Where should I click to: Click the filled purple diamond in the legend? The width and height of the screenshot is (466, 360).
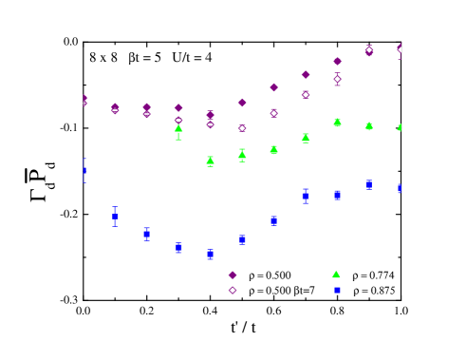pyautogui.click(x=233, y=275)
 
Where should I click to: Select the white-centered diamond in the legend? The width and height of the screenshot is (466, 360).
pyautogui.click(x=233, y=291)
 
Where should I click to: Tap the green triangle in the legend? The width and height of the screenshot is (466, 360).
pyautogui.click(x=336, y=275)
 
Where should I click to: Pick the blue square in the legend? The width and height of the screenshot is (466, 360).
pyautogui.click(x=337, y=291)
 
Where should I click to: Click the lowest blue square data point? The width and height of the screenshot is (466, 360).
pyautogui.click(x=210, y=254)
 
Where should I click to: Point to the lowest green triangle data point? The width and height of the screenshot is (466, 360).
pyautogui.click(x=210, y=161)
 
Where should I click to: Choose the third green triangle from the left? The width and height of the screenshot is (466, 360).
pyautogui.click(x=242, y=154)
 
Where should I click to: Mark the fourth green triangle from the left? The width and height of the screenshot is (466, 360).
pyautogui.click(x=273, y=149)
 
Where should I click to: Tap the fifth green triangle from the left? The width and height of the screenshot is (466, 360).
pyautogui.click(x=306, y=138)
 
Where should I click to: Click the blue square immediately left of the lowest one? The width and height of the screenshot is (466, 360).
pyautogui.click(x=178, y=248)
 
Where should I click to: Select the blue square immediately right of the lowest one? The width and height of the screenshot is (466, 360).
pyautogui.click(x=242, y=239)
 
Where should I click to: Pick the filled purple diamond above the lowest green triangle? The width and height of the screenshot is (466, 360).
pyautogui.click(x=210, y=114)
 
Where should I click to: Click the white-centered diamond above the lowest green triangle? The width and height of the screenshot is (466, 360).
pyautogui.click(x=210, y=124)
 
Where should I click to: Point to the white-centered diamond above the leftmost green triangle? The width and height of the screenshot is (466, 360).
pyautogui.click(x=178, y=120)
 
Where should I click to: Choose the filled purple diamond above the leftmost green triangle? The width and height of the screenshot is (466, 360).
pyautogui.click(x=178, y=107)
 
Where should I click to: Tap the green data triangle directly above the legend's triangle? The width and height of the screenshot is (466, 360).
pyautogui.click(x=337, y=122)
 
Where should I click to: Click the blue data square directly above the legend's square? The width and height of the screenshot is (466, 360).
pyautogui.click(x=337, y=195)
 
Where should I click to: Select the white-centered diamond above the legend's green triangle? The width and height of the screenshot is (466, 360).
pyautogui.click(x=337, y=79)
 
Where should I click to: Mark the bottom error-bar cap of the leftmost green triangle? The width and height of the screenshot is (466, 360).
pyautogui.click(x=178, y=140)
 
